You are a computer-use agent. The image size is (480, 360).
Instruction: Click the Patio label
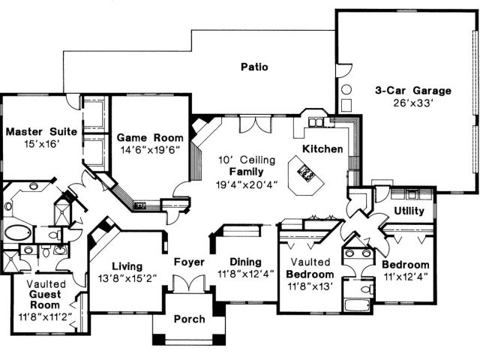pyautogui.click(x=255, y=67)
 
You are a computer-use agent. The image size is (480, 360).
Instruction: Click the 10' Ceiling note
pyautogui.click(x=247, y=160)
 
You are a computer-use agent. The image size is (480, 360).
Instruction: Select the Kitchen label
pyautogui.click(x=322, y=149)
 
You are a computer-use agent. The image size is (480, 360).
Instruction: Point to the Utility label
pyautogui.click(x=408, y=211)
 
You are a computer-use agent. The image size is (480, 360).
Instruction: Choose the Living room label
pyautogui.click(x=127, y=265)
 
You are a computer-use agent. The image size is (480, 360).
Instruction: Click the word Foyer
pyautogui.click(x=189, y=262)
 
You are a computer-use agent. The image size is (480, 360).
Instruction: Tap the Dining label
pyautogui.click(x=245, y=262)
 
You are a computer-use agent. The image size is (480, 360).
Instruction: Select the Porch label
pyautogui.click(x=189, y=319)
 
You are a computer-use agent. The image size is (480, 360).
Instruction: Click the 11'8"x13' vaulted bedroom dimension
pyautogui.click(x=309, y=286)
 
